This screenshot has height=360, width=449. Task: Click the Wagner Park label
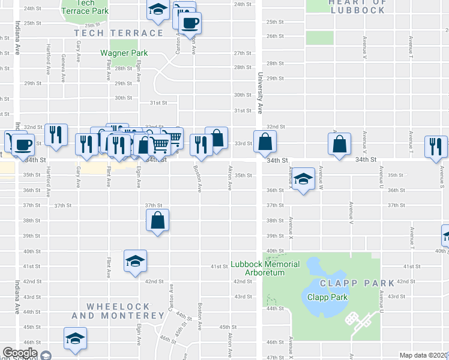tap(124, 53)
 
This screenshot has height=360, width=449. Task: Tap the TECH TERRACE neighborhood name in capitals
tap(118, 33)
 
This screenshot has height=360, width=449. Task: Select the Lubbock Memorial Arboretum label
tap(265, 268)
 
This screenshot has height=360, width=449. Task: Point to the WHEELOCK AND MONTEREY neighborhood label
tap(118, 311)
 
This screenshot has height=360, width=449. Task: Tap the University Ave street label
tap(261, 93)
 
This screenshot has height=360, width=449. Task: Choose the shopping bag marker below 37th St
tap(157, 221)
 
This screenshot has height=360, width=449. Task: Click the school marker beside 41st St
tap(135, 261)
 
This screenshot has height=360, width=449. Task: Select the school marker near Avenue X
tap(304, 179)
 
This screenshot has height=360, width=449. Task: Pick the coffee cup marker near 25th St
tap(190, 23)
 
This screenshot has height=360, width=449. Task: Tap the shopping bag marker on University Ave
tap(265, 142)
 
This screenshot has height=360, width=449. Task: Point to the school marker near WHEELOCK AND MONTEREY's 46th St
tap(75, 338)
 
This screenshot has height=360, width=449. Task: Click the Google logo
tap(20, 353)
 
